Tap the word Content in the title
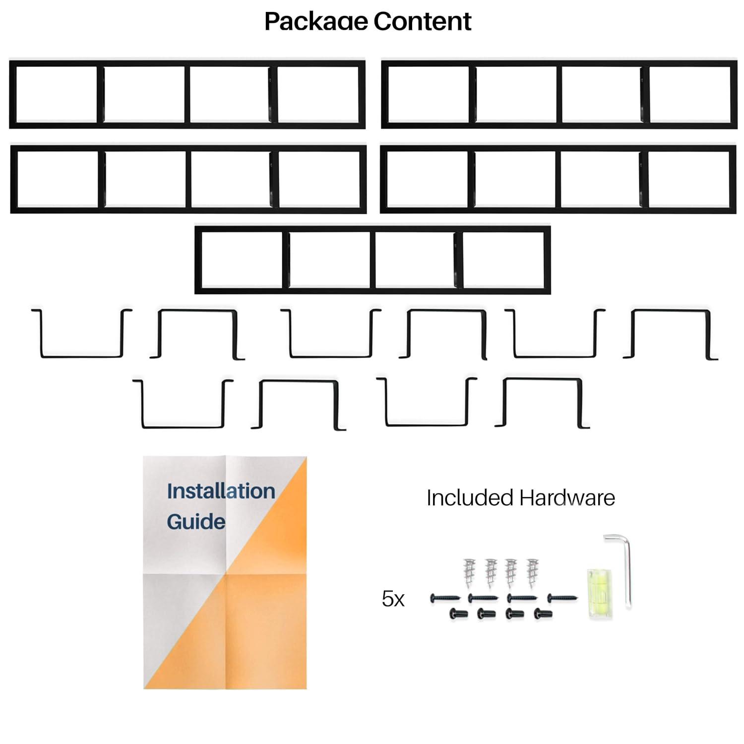click(422, 21)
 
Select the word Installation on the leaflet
click(221, 491)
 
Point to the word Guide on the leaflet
click(196, 522)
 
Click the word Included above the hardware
click(469, 498)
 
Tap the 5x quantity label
click(393, 599)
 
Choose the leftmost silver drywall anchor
click(469, 572)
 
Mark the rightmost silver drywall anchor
click(532, 572)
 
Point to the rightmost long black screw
click(562, 598)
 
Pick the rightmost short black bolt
click(543, 614)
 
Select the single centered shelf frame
click(372, 260)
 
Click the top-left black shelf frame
click(187, 94)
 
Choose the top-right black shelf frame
click(559, 94)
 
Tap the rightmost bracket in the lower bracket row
click(542, 403)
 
